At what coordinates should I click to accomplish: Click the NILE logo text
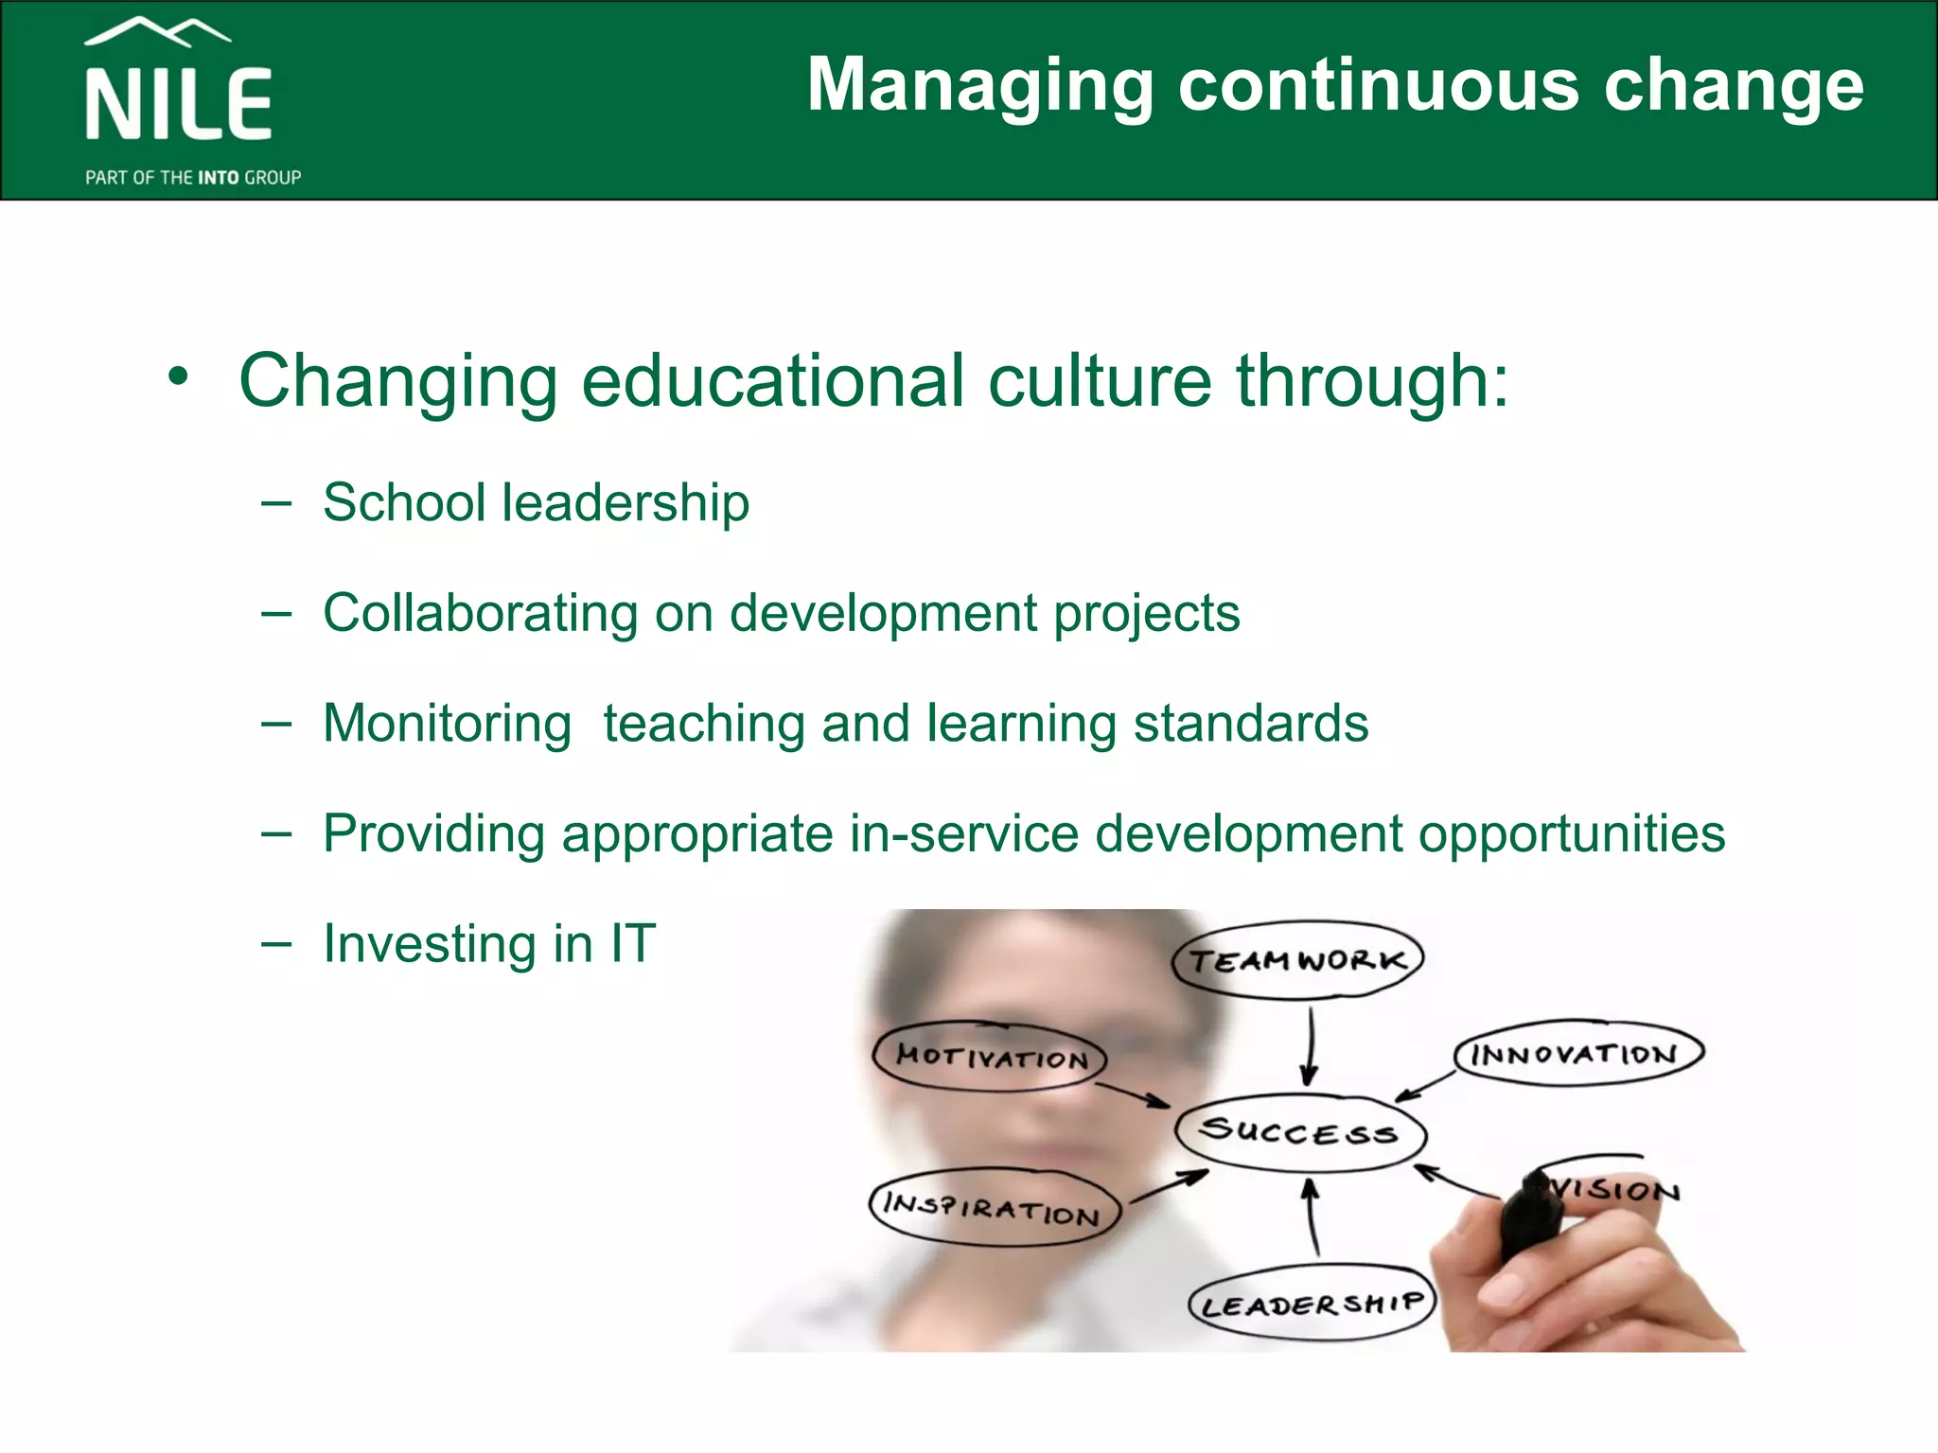coord(179,104)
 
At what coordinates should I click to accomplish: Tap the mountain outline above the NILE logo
coord(157,32)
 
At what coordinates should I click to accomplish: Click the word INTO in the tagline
coord(218,178)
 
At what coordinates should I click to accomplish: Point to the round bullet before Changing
coord(178,377)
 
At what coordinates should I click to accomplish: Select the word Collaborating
coord(480,613)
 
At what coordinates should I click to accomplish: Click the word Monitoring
coord(447,724)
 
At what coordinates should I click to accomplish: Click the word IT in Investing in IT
coord(632,943)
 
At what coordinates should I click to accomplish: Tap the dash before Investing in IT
coord(276,944)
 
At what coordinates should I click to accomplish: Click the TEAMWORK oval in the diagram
coord(1297,960)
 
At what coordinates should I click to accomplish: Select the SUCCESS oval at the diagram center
coord(1299,1131)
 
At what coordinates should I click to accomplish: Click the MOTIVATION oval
coord(990,1056)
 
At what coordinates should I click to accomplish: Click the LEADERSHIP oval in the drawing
coord(1312,1304)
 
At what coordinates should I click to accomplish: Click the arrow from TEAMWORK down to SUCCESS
coord(1311,1046)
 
